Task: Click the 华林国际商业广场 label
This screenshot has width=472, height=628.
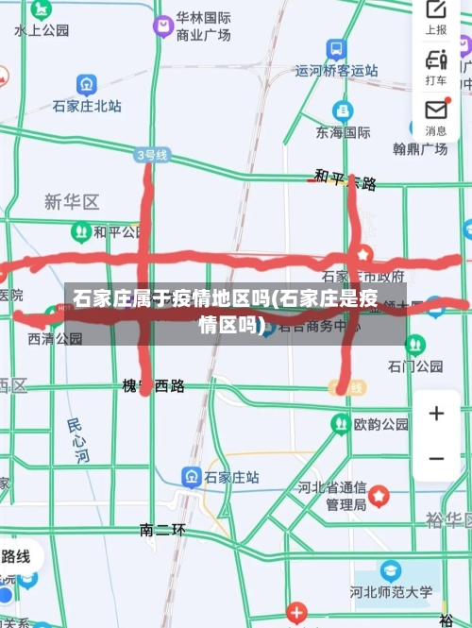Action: coord(203,26)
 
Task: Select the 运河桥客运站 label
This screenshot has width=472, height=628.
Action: coord(336,70)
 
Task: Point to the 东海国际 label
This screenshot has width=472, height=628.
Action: coord(343,132)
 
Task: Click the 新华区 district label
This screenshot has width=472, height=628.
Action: coord(72,201)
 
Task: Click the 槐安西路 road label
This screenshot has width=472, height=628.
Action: coord(153,385)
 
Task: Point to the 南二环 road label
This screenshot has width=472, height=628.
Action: coord(162,530)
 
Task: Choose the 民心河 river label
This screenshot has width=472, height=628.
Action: coord(78,441)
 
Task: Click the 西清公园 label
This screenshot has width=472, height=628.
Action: coord(55,338)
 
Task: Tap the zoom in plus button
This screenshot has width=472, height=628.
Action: coord(436,413)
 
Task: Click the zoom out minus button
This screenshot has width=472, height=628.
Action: coord(436,459)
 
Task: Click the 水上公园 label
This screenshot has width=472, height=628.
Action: coord(42,30)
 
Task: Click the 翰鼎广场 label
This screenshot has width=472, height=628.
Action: coord(420,148)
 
